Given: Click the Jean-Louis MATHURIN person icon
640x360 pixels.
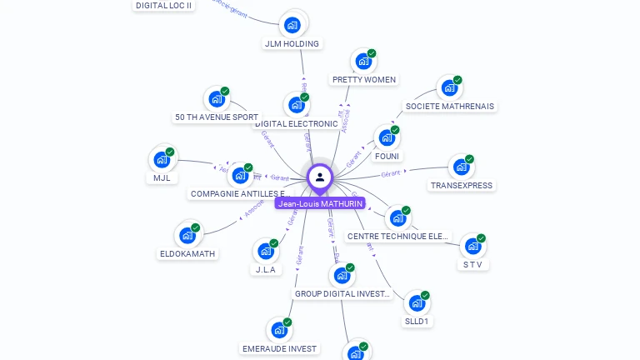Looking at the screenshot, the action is tap(320, 177).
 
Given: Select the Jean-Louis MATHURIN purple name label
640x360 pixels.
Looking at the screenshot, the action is tap(320, 203).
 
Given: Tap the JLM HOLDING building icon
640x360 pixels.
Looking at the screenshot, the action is tap(292, 24).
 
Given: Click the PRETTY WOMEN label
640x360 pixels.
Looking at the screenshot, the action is tap(364, 80).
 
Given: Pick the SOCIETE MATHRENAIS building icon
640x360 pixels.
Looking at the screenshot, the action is tap(449, 87).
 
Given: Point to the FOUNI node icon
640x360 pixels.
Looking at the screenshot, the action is tap(387, 137).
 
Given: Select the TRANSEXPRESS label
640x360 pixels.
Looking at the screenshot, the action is tap(462, 185).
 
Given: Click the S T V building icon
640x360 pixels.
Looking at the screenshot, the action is tap(473, 246).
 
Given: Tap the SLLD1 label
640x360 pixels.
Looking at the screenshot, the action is tap(417, 321).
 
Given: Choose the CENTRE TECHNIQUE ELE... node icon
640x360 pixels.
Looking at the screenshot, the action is tap(398, 218).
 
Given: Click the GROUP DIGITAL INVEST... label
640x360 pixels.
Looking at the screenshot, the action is tap(342, 293).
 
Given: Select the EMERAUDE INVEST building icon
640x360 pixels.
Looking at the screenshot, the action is tap(279, 330).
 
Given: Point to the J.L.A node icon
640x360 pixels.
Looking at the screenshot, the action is tap(266, 251).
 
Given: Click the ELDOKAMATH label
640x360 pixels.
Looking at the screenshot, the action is tap(187, 253).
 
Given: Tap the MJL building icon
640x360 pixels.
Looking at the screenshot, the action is tap(162, 159).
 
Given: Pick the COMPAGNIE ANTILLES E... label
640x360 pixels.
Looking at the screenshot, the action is tap(240, 193).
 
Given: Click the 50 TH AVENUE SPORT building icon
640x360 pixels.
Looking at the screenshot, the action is tap(217, 99).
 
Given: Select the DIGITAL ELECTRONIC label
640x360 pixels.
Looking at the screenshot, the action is tap(297, 124).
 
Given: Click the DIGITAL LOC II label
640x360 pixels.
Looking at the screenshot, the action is tap(163, 5).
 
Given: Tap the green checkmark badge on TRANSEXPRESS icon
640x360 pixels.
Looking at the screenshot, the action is tap(469, 159).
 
